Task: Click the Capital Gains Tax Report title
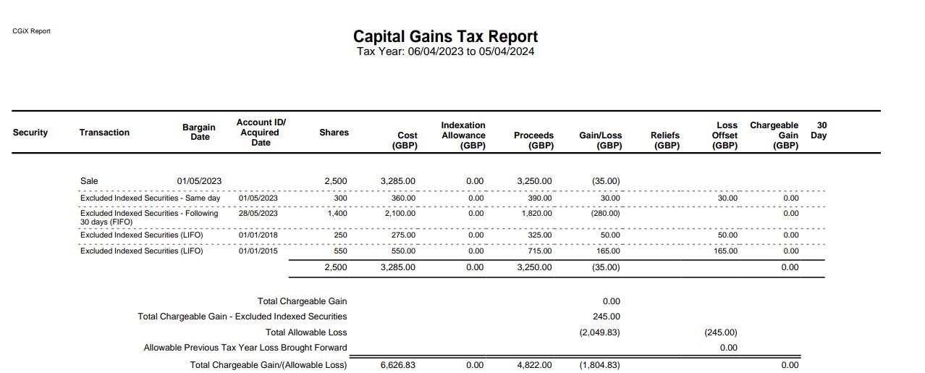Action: [x=445, y=36]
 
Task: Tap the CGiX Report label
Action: [x=31, y=31]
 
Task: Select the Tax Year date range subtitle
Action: [x=445, y=51]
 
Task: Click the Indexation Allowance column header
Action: [x=463, y=135]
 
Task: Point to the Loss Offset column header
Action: [x=725, y=135]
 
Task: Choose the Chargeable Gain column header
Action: [x=774, y=135]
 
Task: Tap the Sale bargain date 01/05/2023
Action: [x=199, y=181]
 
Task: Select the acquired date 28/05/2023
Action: [x=258, y=213]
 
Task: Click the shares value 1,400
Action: [x=337, y=213]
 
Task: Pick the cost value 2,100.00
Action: [x=400, y=213]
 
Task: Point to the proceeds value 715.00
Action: [x=540, y=251]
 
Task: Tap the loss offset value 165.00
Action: [x=725, y=251]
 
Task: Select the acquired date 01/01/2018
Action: [x=258, y=235]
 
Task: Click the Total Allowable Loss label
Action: [x=306, y=332]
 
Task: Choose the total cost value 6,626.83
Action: [x=397, y=365]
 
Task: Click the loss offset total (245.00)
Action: [x=721, y=332]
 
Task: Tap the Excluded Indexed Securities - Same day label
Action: [x=151, y=198]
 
